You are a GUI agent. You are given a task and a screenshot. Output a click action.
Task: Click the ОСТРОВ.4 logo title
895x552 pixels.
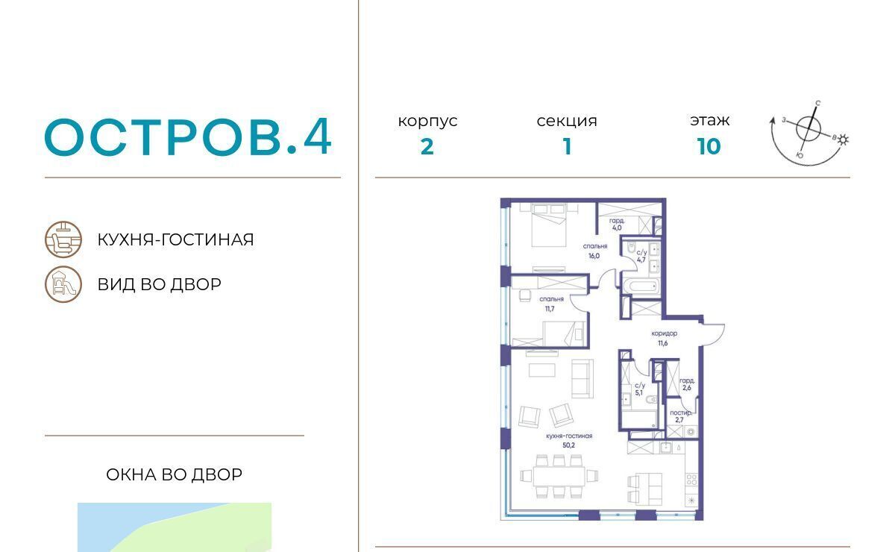click(x=188, y=137)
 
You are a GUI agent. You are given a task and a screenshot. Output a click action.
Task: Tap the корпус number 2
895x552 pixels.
click(x=427, y=147)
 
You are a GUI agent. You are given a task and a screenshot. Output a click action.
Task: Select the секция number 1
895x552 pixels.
click(x=567, y=146)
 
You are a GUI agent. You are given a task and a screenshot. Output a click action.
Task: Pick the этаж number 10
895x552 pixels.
click(x=709, y=146)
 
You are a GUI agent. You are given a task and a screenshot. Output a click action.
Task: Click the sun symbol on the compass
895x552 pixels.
click(x=843, y=140)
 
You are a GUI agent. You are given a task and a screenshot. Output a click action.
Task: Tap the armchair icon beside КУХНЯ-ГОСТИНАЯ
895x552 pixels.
click(x=63, y=239)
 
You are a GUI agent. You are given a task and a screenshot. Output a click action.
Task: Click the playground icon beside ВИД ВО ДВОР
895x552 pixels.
click(x=63, y=284)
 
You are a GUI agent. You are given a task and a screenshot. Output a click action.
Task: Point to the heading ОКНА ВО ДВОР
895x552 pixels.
click(x=175, y=475)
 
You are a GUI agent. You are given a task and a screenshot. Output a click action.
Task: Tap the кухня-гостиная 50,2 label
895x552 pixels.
click(x=569, y=440)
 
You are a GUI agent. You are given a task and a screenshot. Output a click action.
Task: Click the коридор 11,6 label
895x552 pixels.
click(x=664, y=338)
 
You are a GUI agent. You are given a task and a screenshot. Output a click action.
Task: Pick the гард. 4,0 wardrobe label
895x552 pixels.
click(x=617, y=225)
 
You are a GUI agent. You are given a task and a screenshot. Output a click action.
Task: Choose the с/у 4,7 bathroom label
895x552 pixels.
click(x=641, y=256)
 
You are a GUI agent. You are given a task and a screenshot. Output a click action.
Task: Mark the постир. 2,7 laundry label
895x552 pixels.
click(x=681, y=416)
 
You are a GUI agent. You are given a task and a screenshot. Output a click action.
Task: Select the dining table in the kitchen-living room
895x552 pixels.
click(x=559, y=476)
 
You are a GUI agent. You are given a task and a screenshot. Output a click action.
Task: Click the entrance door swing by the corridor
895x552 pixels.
click(x=714, y=335)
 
